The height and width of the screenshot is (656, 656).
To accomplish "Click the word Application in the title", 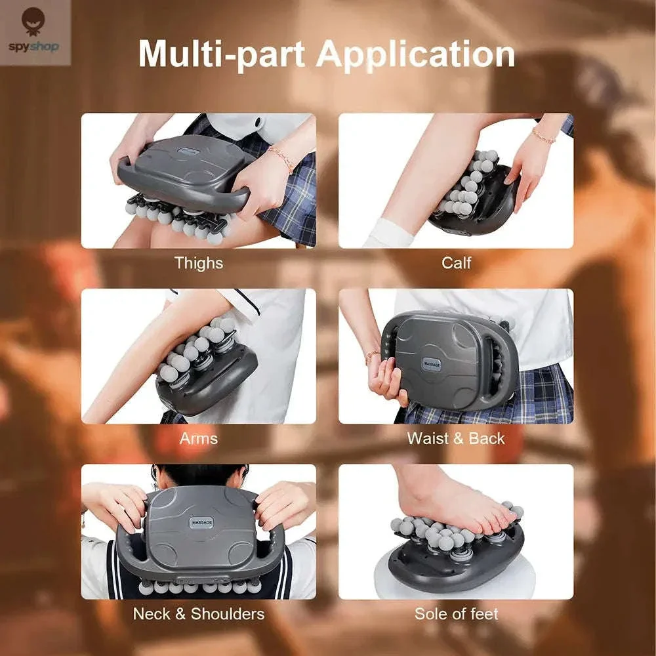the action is tap(415, 55).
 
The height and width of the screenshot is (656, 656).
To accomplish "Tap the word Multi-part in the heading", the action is tap(222, 54).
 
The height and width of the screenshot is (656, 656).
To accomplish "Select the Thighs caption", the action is tap(199, 263).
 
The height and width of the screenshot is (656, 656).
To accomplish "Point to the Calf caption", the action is tap(457, 263).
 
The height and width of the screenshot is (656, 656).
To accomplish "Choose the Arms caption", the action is tap(199, 438).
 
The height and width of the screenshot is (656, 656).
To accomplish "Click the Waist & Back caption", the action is tap(456, 438).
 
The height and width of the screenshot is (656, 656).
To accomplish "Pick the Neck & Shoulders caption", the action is tap(199, 614).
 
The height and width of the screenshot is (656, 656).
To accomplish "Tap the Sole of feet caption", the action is tap(457, 614).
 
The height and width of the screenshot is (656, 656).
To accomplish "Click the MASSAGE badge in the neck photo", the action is tap(202, 522).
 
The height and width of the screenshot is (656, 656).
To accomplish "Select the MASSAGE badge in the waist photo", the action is tap(432, 364).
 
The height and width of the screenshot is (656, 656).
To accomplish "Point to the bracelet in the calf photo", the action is tap(543, 136).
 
